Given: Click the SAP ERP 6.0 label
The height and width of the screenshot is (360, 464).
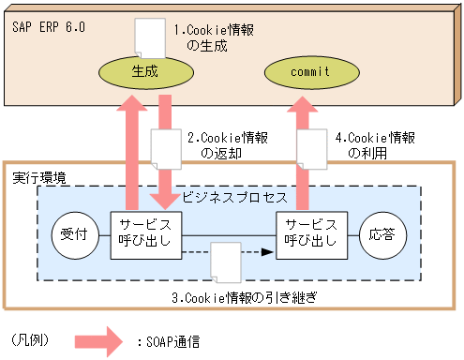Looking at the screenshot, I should pos(50,27).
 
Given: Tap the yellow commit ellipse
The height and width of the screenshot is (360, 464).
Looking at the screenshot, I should pos(308,70).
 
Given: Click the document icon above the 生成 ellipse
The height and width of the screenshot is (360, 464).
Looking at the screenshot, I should pos(149,36).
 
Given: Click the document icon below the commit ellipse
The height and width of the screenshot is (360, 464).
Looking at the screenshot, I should pos(310,148).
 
